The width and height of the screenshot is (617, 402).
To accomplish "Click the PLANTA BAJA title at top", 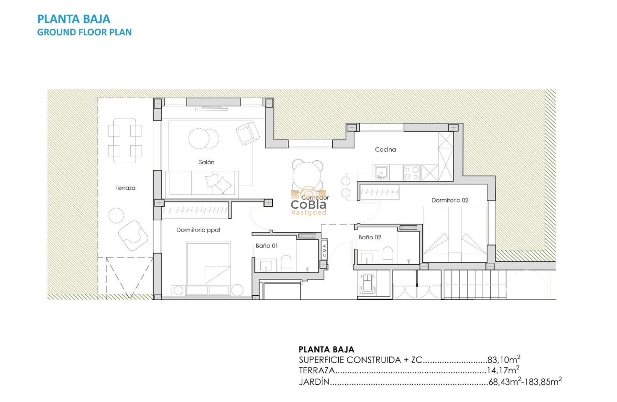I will coord(74,19).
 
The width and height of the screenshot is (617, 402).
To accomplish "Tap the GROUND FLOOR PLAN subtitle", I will coord(84,32).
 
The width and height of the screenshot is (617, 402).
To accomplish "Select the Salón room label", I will coord(207,162).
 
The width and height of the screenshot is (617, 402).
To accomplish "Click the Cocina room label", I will coord(385,150).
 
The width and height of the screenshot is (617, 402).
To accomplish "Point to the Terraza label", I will coord(125,188).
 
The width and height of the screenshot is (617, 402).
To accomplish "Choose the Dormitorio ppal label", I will coord(198,230).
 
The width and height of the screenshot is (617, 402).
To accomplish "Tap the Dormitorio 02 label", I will coord(450,201).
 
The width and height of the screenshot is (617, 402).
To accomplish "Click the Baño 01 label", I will coord(266,246).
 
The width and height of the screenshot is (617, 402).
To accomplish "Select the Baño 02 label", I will coord(370,237).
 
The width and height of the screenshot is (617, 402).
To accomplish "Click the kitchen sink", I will coord(381,172).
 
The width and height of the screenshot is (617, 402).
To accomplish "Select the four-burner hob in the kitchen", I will coord(412,172).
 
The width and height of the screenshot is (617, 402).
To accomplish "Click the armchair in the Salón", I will coord(248,133).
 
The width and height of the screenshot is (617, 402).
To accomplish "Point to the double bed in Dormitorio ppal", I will coord(209,263).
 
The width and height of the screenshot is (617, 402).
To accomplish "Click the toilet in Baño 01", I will coord(286,263).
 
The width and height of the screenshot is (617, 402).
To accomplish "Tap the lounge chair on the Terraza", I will coord(132,234).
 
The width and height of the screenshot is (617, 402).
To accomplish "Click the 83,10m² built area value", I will coord(504,360).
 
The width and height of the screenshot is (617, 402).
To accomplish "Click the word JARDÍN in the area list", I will coord(314,382).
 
